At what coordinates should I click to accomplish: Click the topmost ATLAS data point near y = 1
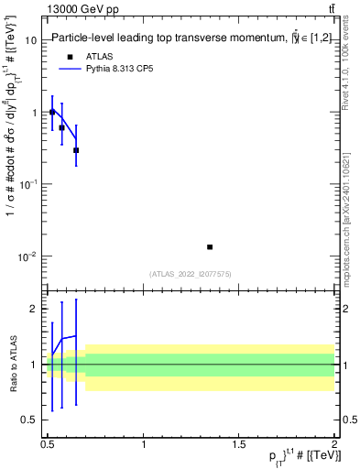click(x=52, y=112)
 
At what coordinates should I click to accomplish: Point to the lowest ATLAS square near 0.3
click(x=76, y=150)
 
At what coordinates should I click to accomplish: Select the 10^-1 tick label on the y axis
click(x=29, y=184)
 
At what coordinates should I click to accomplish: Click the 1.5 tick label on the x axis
click(x=239, y=444)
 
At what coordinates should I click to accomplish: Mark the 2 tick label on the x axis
click(x=334, y=444)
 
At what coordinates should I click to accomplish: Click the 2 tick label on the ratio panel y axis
click(x=34, y=309)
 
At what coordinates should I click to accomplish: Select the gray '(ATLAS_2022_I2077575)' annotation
click(x=191, y=273)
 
